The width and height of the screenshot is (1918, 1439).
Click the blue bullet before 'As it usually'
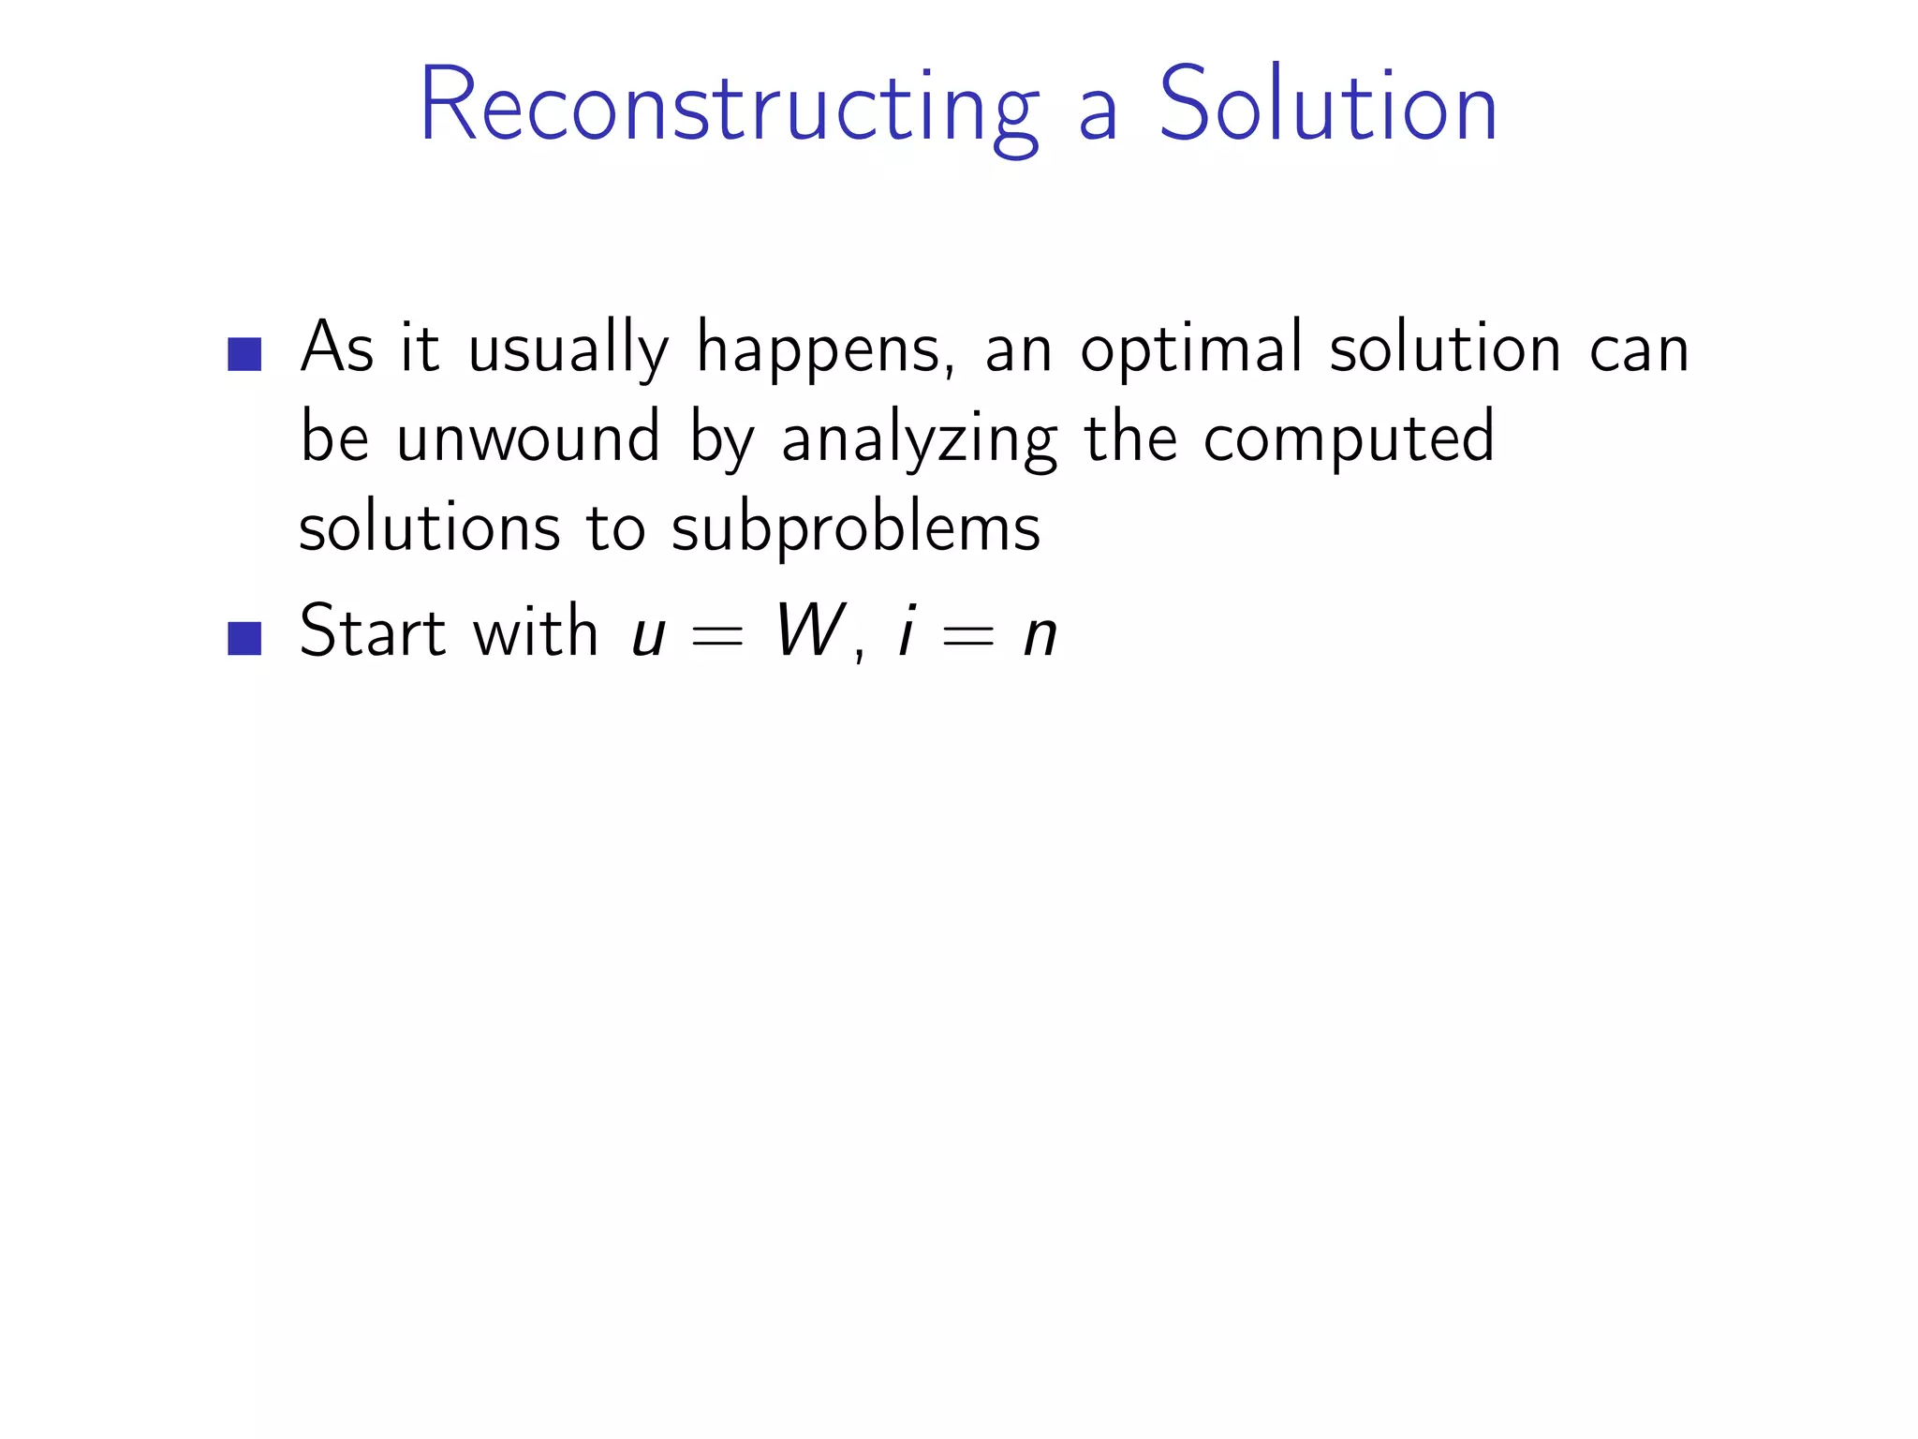click(x=244, y=354)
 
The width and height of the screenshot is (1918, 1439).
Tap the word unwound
click(x=527, y=438)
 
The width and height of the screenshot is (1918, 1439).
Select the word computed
click(x=1349, y=438)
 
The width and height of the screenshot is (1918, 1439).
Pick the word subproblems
click(x=855, y=528)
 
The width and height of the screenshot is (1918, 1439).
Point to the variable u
click(x=649, y=636)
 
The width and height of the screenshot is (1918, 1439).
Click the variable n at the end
click(x=1040, y=636)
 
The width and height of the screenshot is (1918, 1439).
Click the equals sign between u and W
click(x=716, y=637)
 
